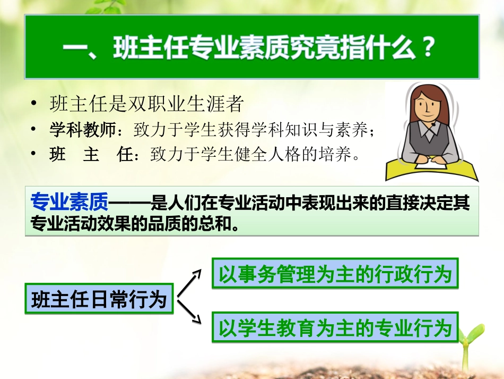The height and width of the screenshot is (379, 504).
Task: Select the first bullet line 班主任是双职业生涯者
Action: tap(146, 104)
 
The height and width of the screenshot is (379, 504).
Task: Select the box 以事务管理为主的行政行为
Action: tap(335, 274)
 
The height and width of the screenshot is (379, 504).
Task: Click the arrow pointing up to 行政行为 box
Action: tap(192, 281)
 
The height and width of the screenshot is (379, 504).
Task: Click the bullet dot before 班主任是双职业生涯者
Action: tap(35, 104)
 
